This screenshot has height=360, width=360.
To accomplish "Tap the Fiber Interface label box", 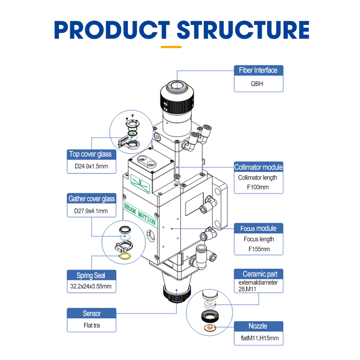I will pos(259,70).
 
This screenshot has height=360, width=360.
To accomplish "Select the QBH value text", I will pos(259,83).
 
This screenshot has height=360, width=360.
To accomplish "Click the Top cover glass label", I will pos(90,154).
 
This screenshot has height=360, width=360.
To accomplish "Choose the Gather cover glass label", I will pos(91,198).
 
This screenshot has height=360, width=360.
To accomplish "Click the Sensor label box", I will pos(91,314).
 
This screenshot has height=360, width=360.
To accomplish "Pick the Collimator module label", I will pos(259,167).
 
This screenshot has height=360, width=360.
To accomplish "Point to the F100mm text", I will pos(259,187).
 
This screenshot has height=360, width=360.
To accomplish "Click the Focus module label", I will pos(259,228).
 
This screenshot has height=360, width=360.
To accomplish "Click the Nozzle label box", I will pos(258,326).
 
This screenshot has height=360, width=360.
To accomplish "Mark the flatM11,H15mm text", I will pos(258,339).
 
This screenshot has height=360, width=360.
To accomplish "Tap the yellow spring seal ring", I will pos(125,256).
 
